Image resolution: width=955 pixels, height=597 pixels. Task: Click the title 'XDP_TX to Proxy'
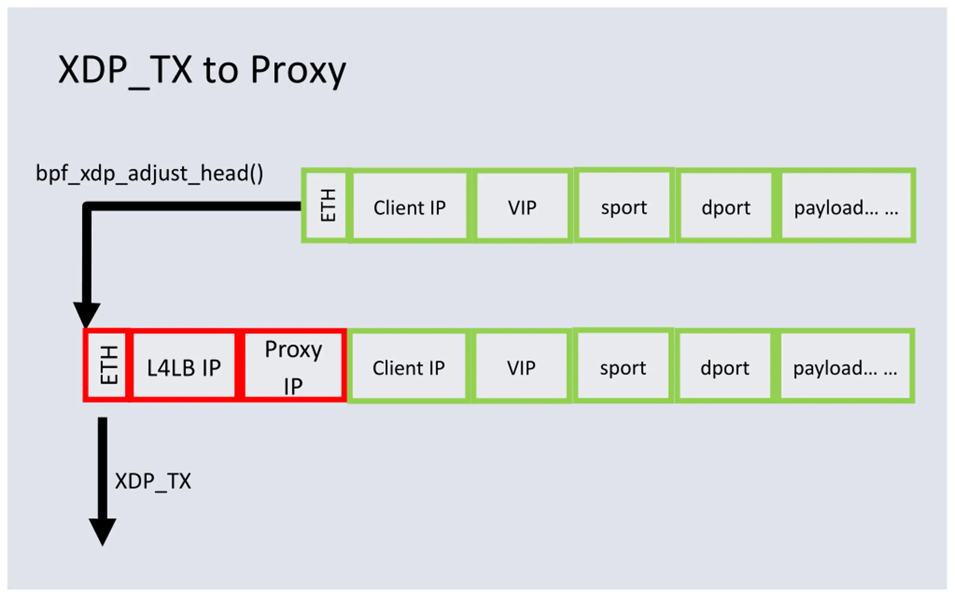click(x=202, y=70)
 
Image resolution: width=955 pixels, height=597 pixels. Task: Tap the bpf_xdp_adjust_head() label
click(x=149, y=174)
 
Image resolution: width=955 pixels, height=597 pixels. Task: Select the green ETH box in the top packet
click(x=327, y=205)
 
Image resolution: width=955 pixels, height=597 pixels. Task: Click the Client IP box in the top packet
click(x=410, y=206)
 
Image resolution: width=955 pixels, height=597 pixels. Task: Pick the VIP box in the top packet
click(x=522, y=206)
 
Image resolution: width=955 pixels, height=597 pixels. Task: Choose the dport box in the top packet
click(x=726, y=206)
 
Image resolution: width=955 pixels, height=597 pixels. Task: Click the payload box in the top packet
click(x=846, y=206)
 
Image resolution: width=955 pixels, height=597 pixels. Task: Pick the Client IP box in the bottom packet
click(x=408, y=367)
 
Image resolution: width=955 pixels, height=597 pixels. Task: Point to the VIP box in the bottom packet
click(x=521, y=367)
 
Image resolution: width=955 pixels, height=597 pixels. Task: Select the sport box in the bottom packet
click(x=623, y=366)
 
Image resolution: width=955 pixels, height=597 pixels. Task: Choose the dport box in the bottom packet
click(x=724, y=367)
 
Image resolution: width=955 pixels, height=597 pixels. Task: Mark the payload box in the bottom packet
click(x=846, y=367)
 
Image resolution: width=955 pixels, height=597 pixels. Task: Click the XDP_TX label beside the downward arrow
click(x=153, y=481)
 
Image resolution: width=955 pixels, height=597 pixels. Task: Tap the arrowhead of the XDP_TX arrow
click(x=102, y=531)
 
